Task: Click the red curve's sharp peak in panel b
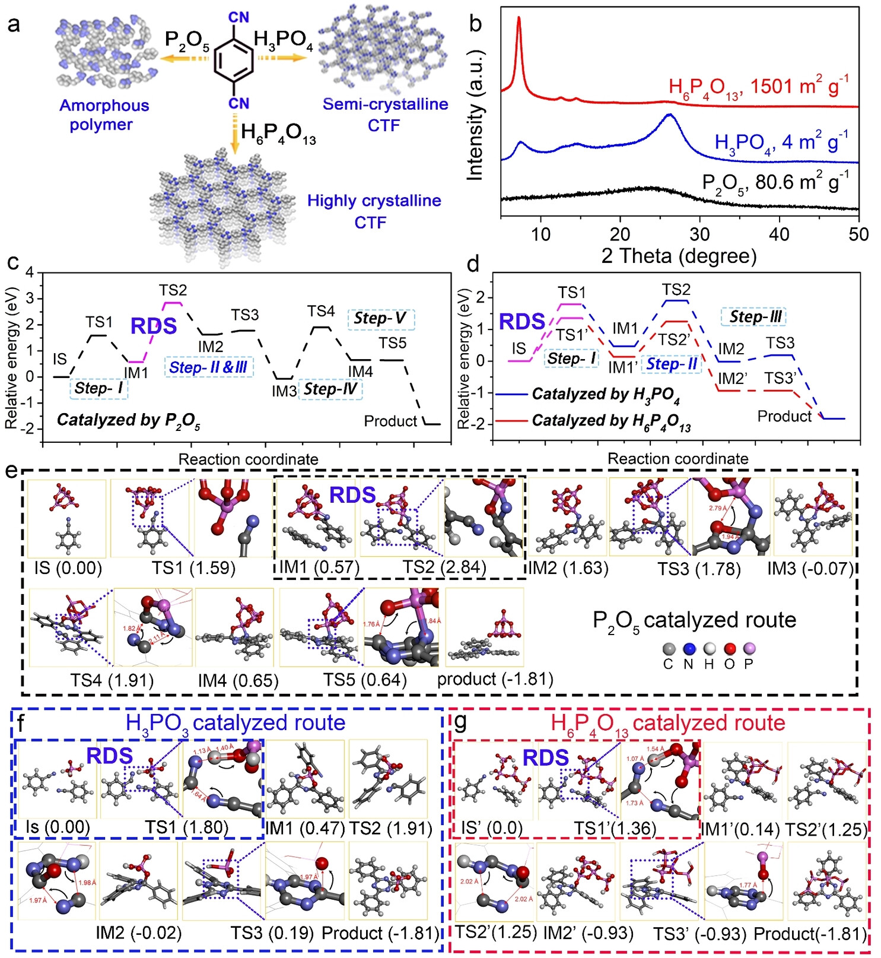(x=519, y=19)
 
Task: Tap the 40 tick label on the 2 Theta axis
(x=779, y=234)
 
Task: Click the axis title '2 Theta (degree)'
(x=679, y=256)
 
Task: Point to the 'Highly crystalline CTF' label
(x=374, y=211)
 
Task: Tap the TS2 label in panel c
(x=173, y=290)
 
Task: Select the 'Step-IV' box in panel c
(x=330, y=389)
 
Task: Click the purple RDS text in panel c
(x=154, y=326)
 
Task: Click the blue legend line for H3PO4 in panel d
(x=511, y=394)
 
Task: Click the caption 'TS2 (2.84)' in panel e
(x=444, y=568)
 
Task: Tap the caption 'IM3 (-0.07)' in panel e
(x=810, y=569)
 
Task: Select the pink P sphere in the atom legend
(x=748, y=649)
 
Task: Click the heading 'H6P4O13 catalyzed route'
(x=667, y=724)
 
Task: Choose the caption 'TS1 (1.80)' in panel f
(x=186, y=827)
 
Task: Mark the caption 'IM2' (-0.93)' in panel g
(x=588, y=933)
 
